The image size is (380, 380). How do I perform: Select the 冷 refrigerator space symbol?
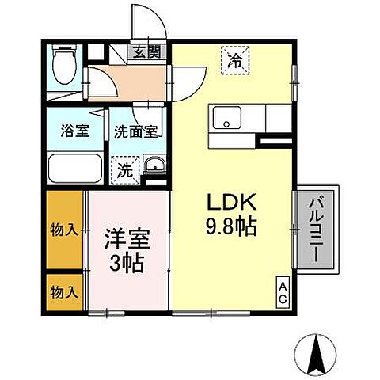(235, 60)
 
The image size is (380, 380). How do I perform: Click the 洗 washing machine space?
(126, 168)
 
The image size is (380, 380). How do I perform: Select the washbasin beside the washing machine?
(155, 165)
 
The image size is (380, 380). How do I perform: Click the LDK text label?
(228, 202)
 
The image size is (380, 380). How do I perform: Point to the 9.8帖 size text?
(231, 228)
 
